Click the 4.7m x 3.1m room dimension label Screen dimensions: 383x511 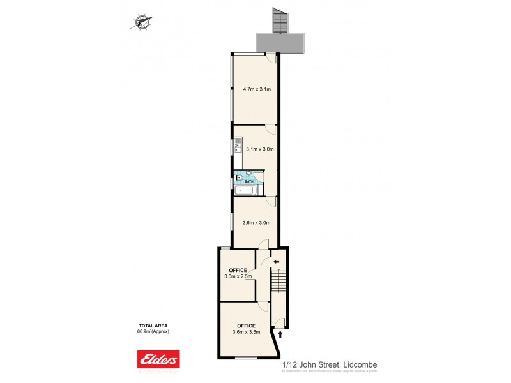tap(257, 89)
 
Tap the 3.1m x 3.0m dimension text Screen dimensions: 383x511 tap(259, 149)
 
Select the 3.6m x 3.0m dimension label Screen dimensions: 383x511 tap(257, 223)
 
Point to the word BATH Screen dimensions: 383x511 tap(249, 181)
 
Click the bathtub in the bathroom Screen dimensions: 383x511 tap(245, 190)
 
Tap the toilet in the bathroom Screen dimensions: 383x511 tap(239, 178)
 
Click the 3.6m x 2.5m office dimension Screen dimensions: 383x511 tap(238, 276)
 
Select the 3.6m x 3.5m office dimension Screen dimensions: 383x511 tap(246, 331)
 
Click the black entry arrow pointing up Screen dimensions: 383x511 tap(280, 333)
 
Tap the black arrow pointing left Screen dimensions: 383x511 tap(276, 262)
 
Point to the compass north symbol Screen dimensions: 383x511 tap(141, 23)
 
